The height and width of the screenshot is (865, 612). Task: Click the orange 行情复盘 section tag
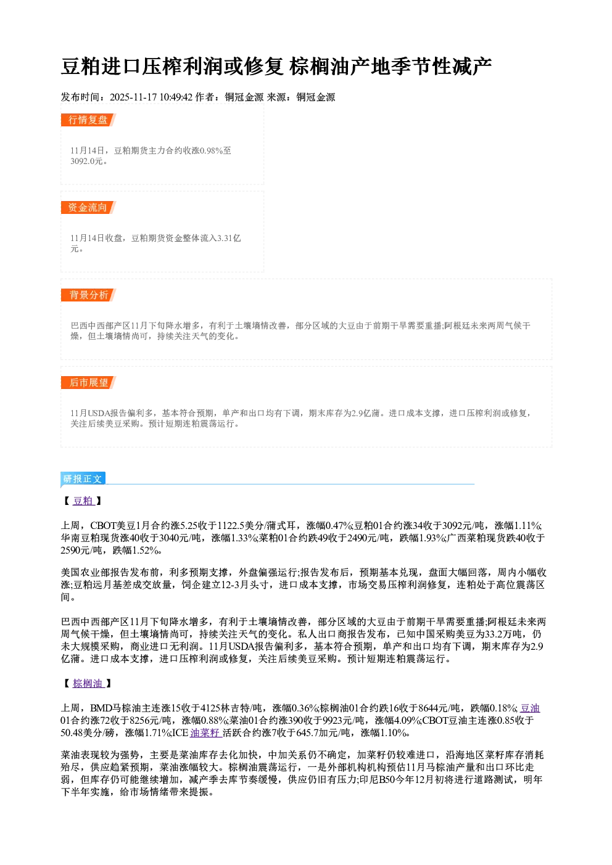click(88, 120)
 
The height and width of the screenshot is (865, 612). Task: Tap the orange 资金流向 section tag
click(88, 207)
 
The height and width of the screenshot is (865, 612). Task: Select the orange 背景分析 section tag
click(88, 295)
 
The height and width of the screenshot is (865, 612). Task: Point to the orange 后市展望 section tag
click(88, 383)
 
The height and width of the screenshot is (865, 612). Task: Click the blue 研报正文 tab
click(83, 479)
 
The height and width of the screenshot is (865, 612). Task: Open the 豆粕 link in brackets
click(83, 501)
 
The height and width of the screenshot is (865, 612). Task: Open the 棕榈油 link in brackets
click(88, 683)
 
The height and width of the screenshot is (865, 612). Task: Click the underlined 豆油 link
click(530, 708)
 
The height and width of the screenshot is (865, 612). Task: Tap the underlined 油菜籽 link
click(205, 732)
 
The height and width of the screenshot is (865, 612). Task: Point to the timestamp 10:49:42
click(176, 97)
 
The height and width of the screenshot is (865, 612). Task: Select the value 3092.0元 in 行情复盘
click(86, 161)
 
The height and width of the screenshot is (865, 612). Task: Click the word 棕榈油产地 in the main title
click(339, 66)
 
